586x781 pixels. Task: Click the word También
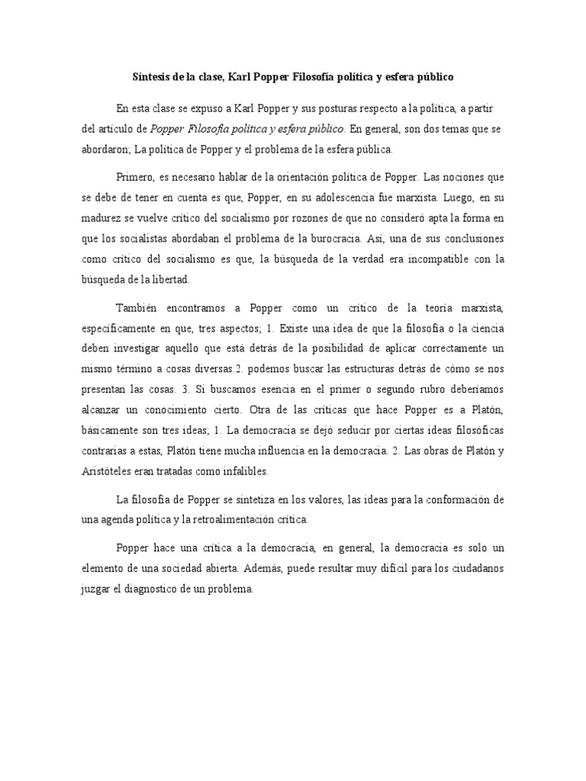[x=140, y=307]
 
